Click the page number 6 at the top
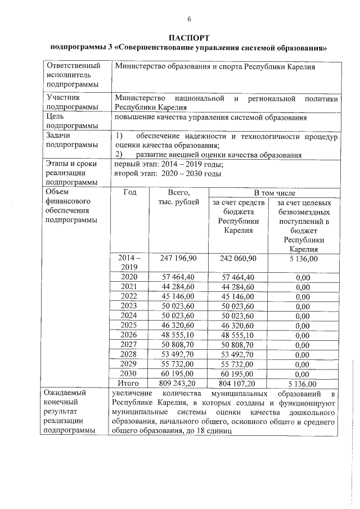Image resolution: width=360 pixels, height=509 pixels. click(x=189, y=20)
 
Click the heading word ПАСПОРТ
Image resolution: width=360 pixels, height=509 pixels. click(x=189, y=37)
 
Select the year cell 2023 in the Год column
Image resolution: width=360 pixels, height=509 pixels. click(x=129, y=306)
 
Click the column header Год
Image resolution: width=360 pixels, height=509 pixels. click(x=129, y=192)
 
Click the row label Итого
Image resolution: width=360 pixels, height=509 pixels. click(x=129, y=382)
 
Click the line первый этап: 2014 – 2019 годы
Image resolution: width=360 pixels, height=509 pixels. click(x=169, y=164)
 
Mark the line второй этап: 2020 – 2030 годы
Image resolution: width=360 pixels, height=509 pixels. click(x=167, y=173)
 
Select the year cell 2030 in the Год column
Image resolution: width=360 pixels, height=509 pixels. click(x=129, y=373)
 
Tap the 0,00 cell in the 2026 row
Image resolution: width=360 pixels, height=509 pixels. click(x=303, y=335)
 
